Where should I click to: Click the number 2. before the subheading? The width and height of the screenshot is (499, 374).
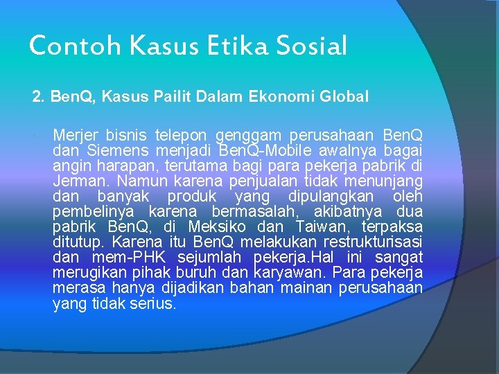[x=39, y=96]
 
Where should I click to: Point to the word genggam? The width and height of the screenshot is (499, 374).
[x=244, y=134]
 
